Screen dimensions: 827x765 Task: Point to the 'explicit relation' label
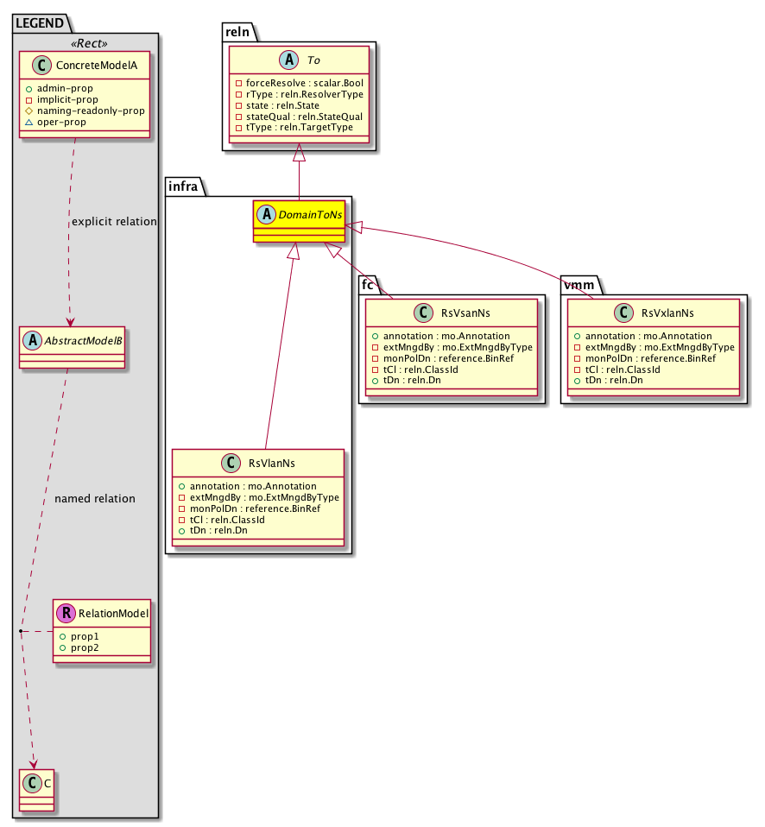coord(114,222)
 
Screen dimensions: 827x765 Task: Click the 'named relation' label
coord(94,498)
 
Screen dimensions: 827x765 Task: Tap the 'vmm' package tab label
coord(578,285)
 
